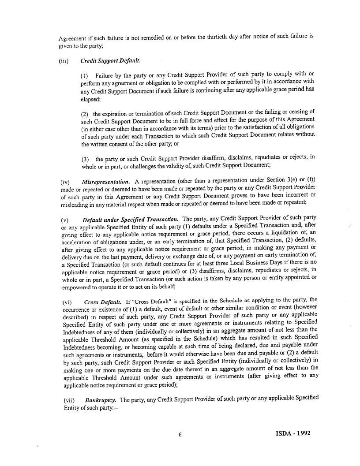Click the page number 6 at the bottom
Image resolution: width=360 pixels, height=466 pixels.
(x=180, y=435)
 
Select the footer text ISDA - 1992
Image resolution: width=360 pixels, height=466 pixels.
(x=290, y=433)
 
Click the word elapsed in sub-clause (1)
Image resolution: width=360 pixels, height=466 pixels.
(x=91, y=100)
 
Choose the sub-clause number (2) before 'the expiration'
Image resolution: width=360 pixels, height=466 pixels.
(x=85, y=114)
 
